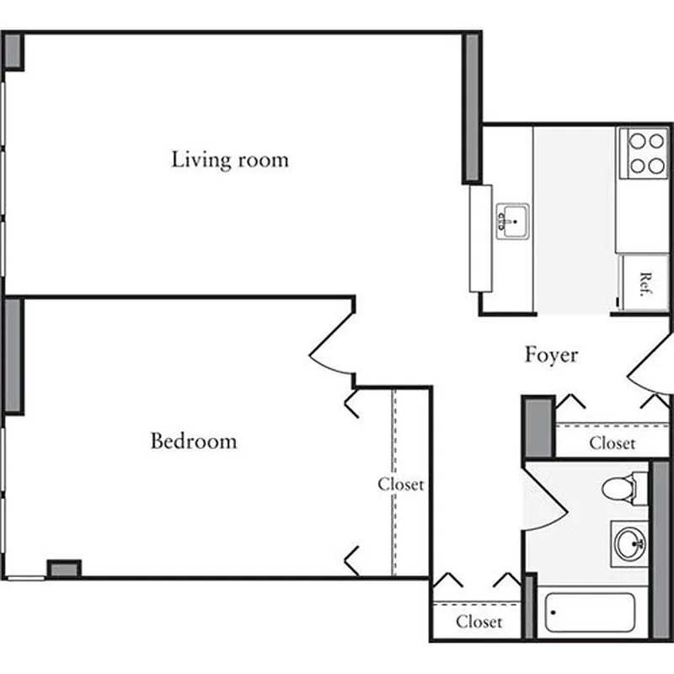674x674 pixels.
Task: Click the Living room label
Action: [x=230, y=159]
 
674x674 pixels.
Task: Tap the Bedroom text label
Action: [x=194, y=441]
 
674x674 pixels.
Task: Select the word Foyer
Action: [x=552, y=355]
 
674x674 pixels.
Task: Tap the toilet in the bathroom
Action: [x=623, y=487]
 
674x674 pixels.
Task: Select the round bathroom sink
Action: [x=629, y=543]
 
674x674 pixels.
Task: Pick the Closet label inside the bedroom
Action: [x=400, y=484]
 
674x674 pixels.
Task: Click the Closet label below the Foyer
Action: [x=612, y=443]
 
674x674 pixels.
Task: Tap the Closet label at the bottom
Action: [x=479, y=623]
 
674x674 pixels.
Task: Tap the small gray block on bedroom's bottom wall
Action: [x=64, y=569]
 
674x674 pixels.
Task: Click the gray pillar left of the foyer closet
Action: [x=538, y=428]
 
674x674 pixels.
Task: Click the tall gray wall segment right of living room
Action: [x=472, y=107]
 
